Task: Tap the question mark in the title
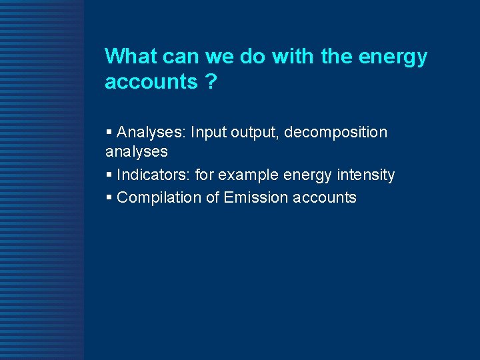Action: [211, 82]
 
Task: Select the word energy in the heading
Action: [393, 58]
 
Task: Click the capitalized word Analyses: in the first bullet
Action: [151, 133]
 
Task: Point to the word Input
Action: [208, 133]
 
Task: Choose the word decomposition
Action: [335, 133]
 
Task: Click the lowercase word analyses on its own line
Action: [136, 152]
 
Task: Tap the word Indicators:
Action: [153, 175]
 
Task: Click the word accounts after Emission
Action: [325, 198]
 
